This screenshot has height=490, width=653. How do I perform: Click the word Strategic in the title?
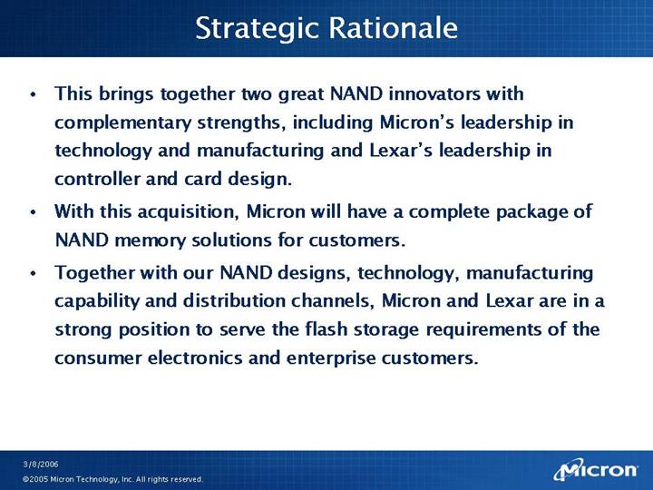[258, 29]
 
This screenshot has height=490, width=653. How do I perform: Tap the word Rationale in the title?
[393, 27]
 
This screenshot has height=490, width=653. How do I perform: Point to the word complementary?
[122, 123]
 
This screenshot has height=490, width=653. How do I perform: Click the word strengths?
[241, 122]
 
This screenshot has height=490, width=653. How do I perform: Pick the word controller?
[97, 179]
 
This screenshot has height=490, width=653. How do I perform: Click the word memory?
[150, 240]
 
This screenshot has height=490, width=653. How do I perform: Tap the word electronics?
[195, 358]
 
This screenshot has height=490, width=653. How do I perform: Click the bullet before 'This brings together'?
[34, 94]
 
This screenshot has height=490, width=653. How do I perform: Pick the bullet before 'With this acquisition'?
[34, 212]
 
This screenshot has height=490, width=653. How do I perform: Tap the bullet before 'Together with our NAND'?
[34, 273]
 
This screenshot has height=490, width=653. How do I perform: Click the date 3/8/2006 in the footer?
[41, 465]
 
